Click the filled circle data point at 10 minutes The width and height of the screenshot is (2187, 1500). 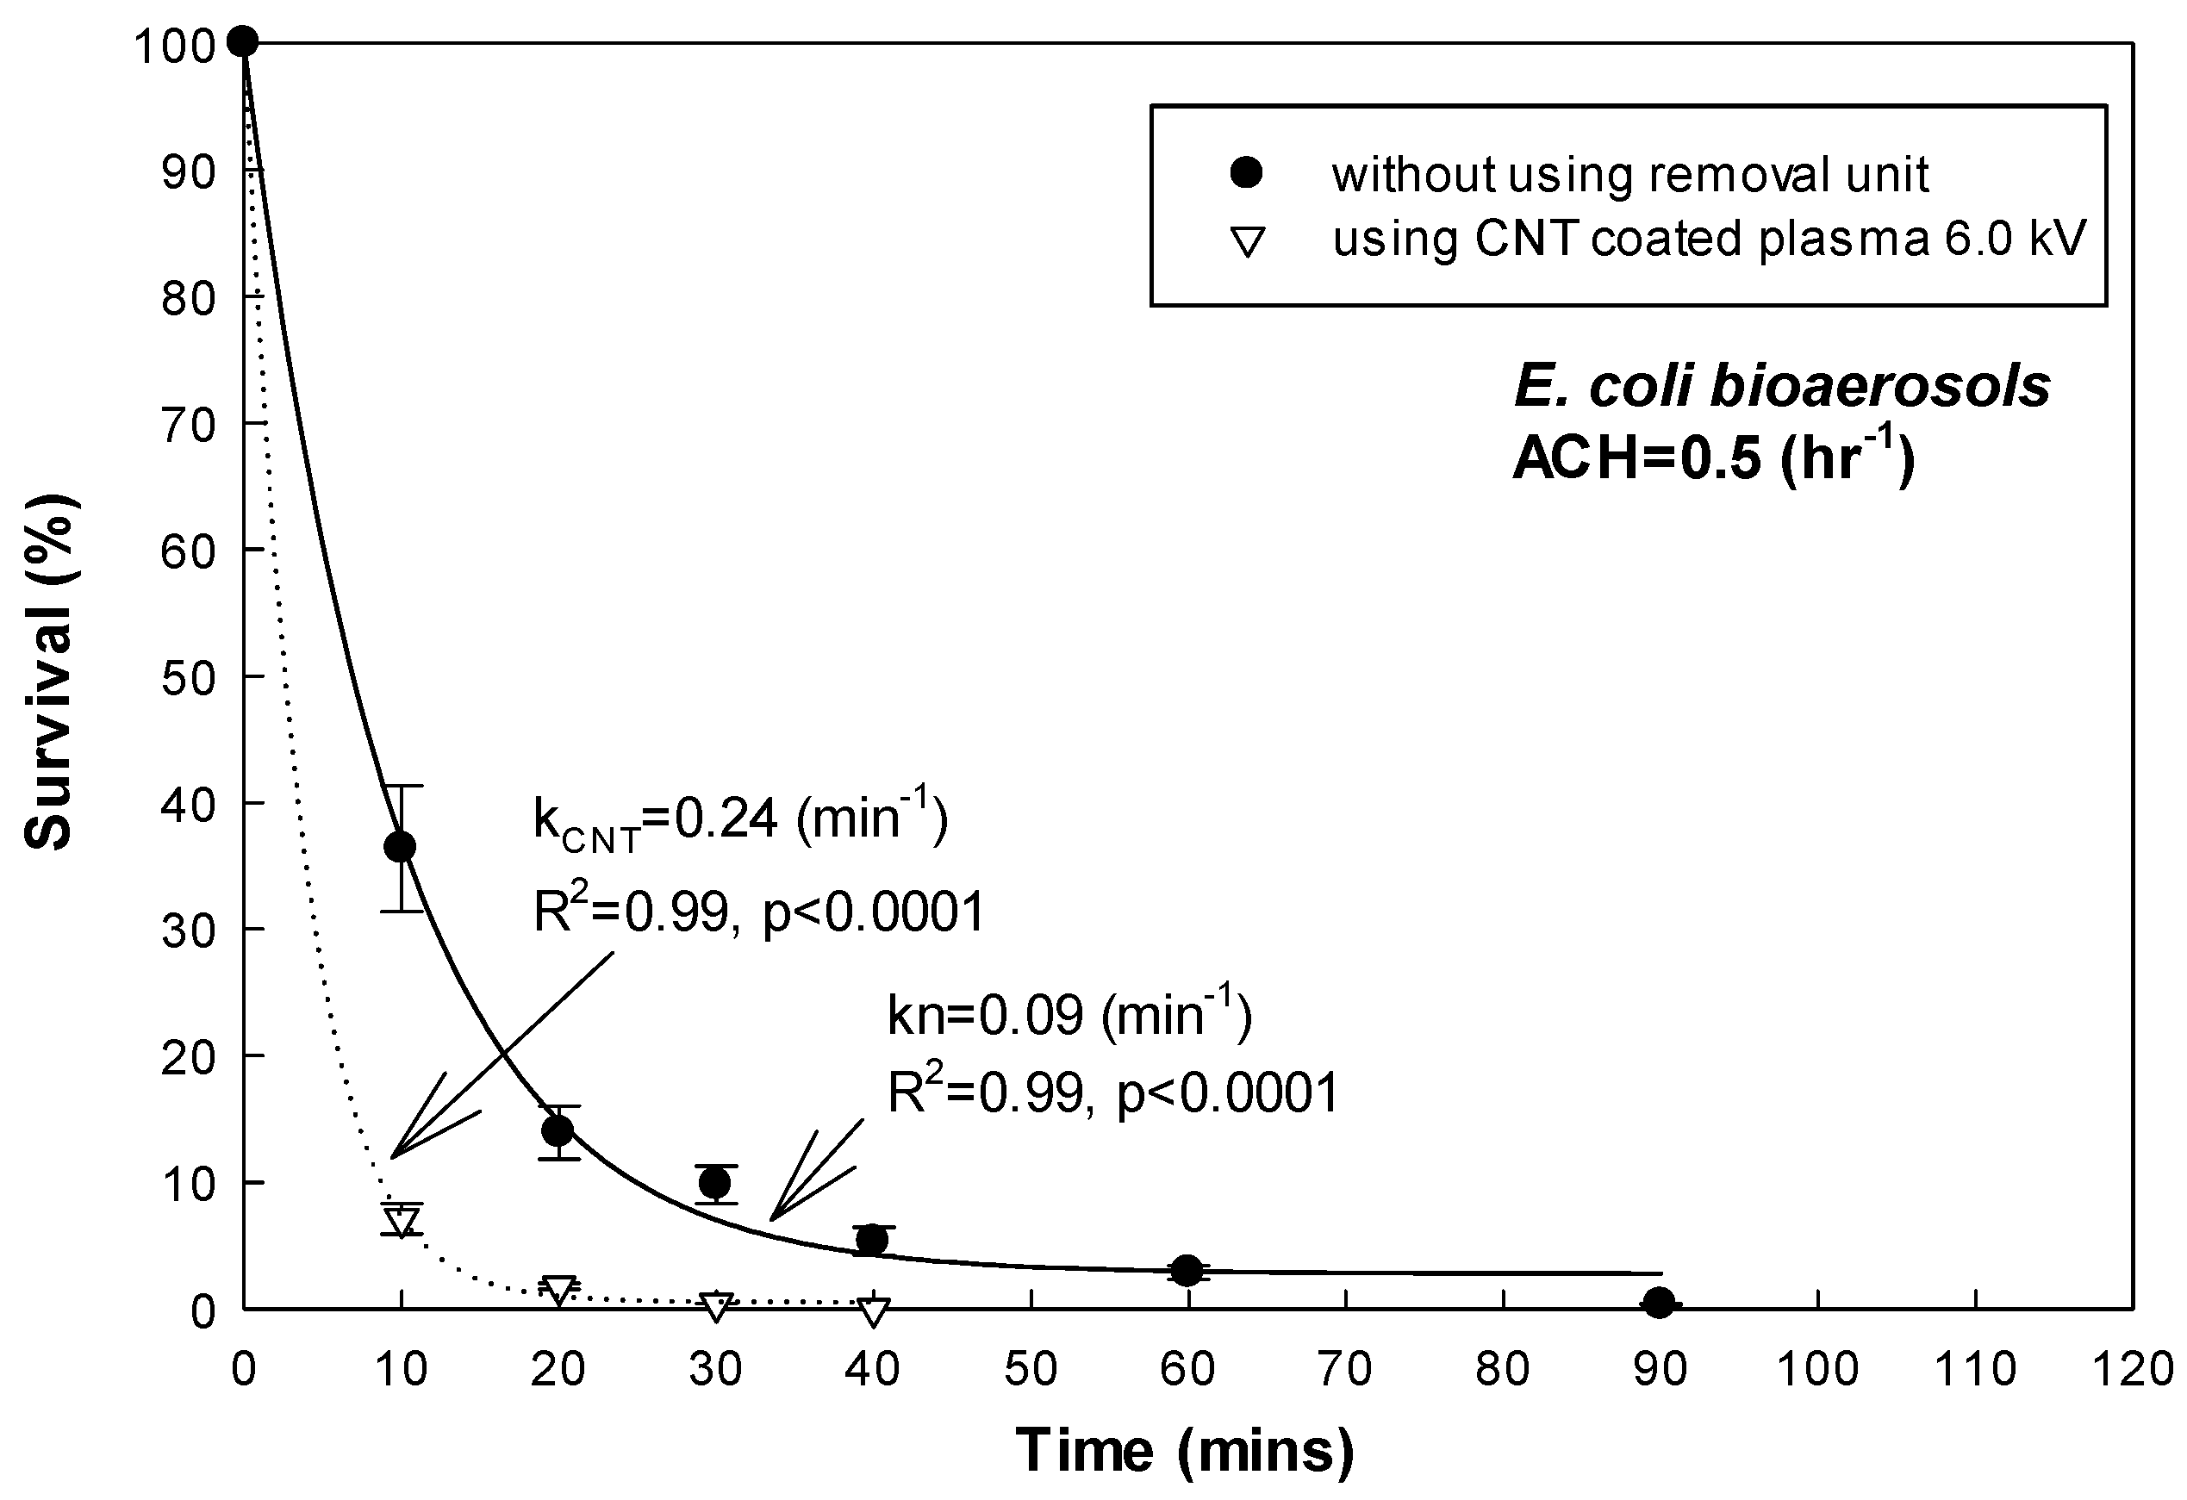(401, 846)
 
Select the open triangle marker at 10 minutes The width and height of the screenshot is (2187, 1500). (402, 1222)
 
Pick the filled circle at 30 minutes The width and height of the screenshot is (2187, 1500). (715, 1181)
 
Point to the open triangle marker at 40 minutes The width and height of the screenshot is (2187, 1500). (873, 1310)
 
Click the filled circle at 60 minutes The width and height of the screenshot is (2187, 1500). (1187, 1270)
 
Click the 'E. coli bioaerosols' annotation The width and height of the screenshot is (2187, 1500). (1781, 386)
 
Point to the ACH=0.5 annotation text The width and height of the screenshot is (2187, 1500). (1713, 459)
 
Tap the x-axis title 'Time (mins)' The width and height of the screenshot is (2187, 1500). (1186, 1449)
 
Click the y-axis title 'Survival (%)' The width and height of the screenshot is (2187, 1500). (49, 674)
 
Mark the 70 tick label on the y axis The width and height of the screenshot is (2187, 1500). (188, 426)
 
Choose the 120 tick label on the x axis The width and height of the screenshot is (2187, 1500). (2133, 1369)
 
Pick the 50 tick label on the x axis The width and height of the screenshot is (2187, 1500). (1031, 1369)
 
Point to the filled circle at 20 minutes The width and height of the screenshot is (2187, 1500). (558, 1130)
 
